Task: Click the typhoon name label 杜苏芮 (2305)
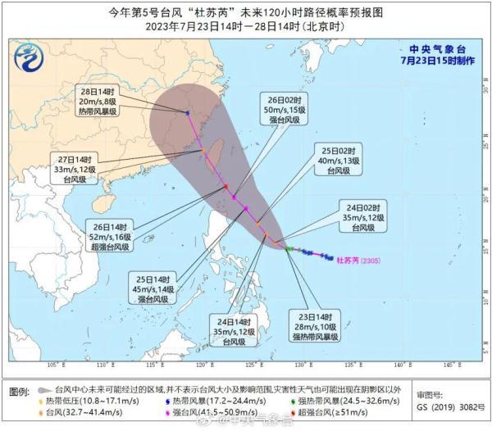(361, 261)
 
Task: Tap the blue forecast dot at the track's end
(188, 113)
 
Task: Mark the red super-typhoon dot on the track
(225, 187)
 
